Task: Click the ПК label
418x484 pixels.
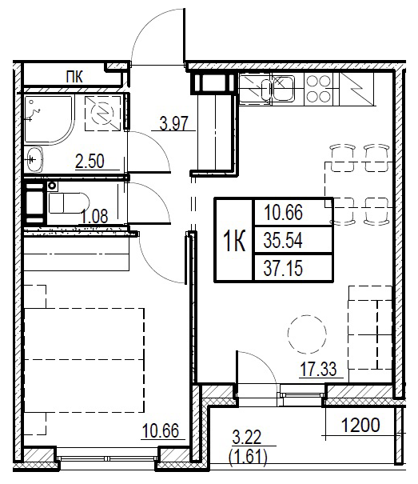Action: [74, 77]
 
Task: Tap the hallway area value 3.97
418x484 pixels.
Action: [174, 123]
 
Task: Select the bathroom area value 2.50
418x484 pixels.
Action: [90, 161]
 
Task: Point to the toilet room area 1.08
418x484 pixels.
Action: [94, 216]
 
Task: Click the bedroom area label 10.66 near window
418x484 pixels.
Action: [161, 430]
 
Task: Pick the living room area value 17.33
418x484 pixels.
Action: [319, 369]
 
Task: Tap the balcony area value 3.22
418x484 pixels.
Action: [246, 437]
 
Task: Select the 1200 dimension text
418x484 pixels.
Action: [360, 425]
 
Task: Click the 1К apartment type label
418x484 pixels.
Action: [234, 242]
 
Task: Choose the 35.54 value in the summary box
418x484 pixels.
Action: [283, 241]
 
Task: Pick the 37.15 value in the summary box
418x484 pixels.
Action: [283, 268]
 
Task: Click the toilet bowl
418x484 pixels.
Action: [69, 202]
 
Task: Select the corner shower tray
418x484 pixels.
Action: [49, 120]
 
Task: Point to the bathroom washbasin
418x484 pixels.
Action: [34, 159]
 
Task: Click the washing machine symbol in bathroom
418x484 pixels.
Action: [103, 113]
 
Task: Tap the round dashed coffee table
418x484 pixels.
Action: [307, 334]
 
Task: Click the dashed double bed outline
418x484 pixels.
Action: [84, 360]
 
